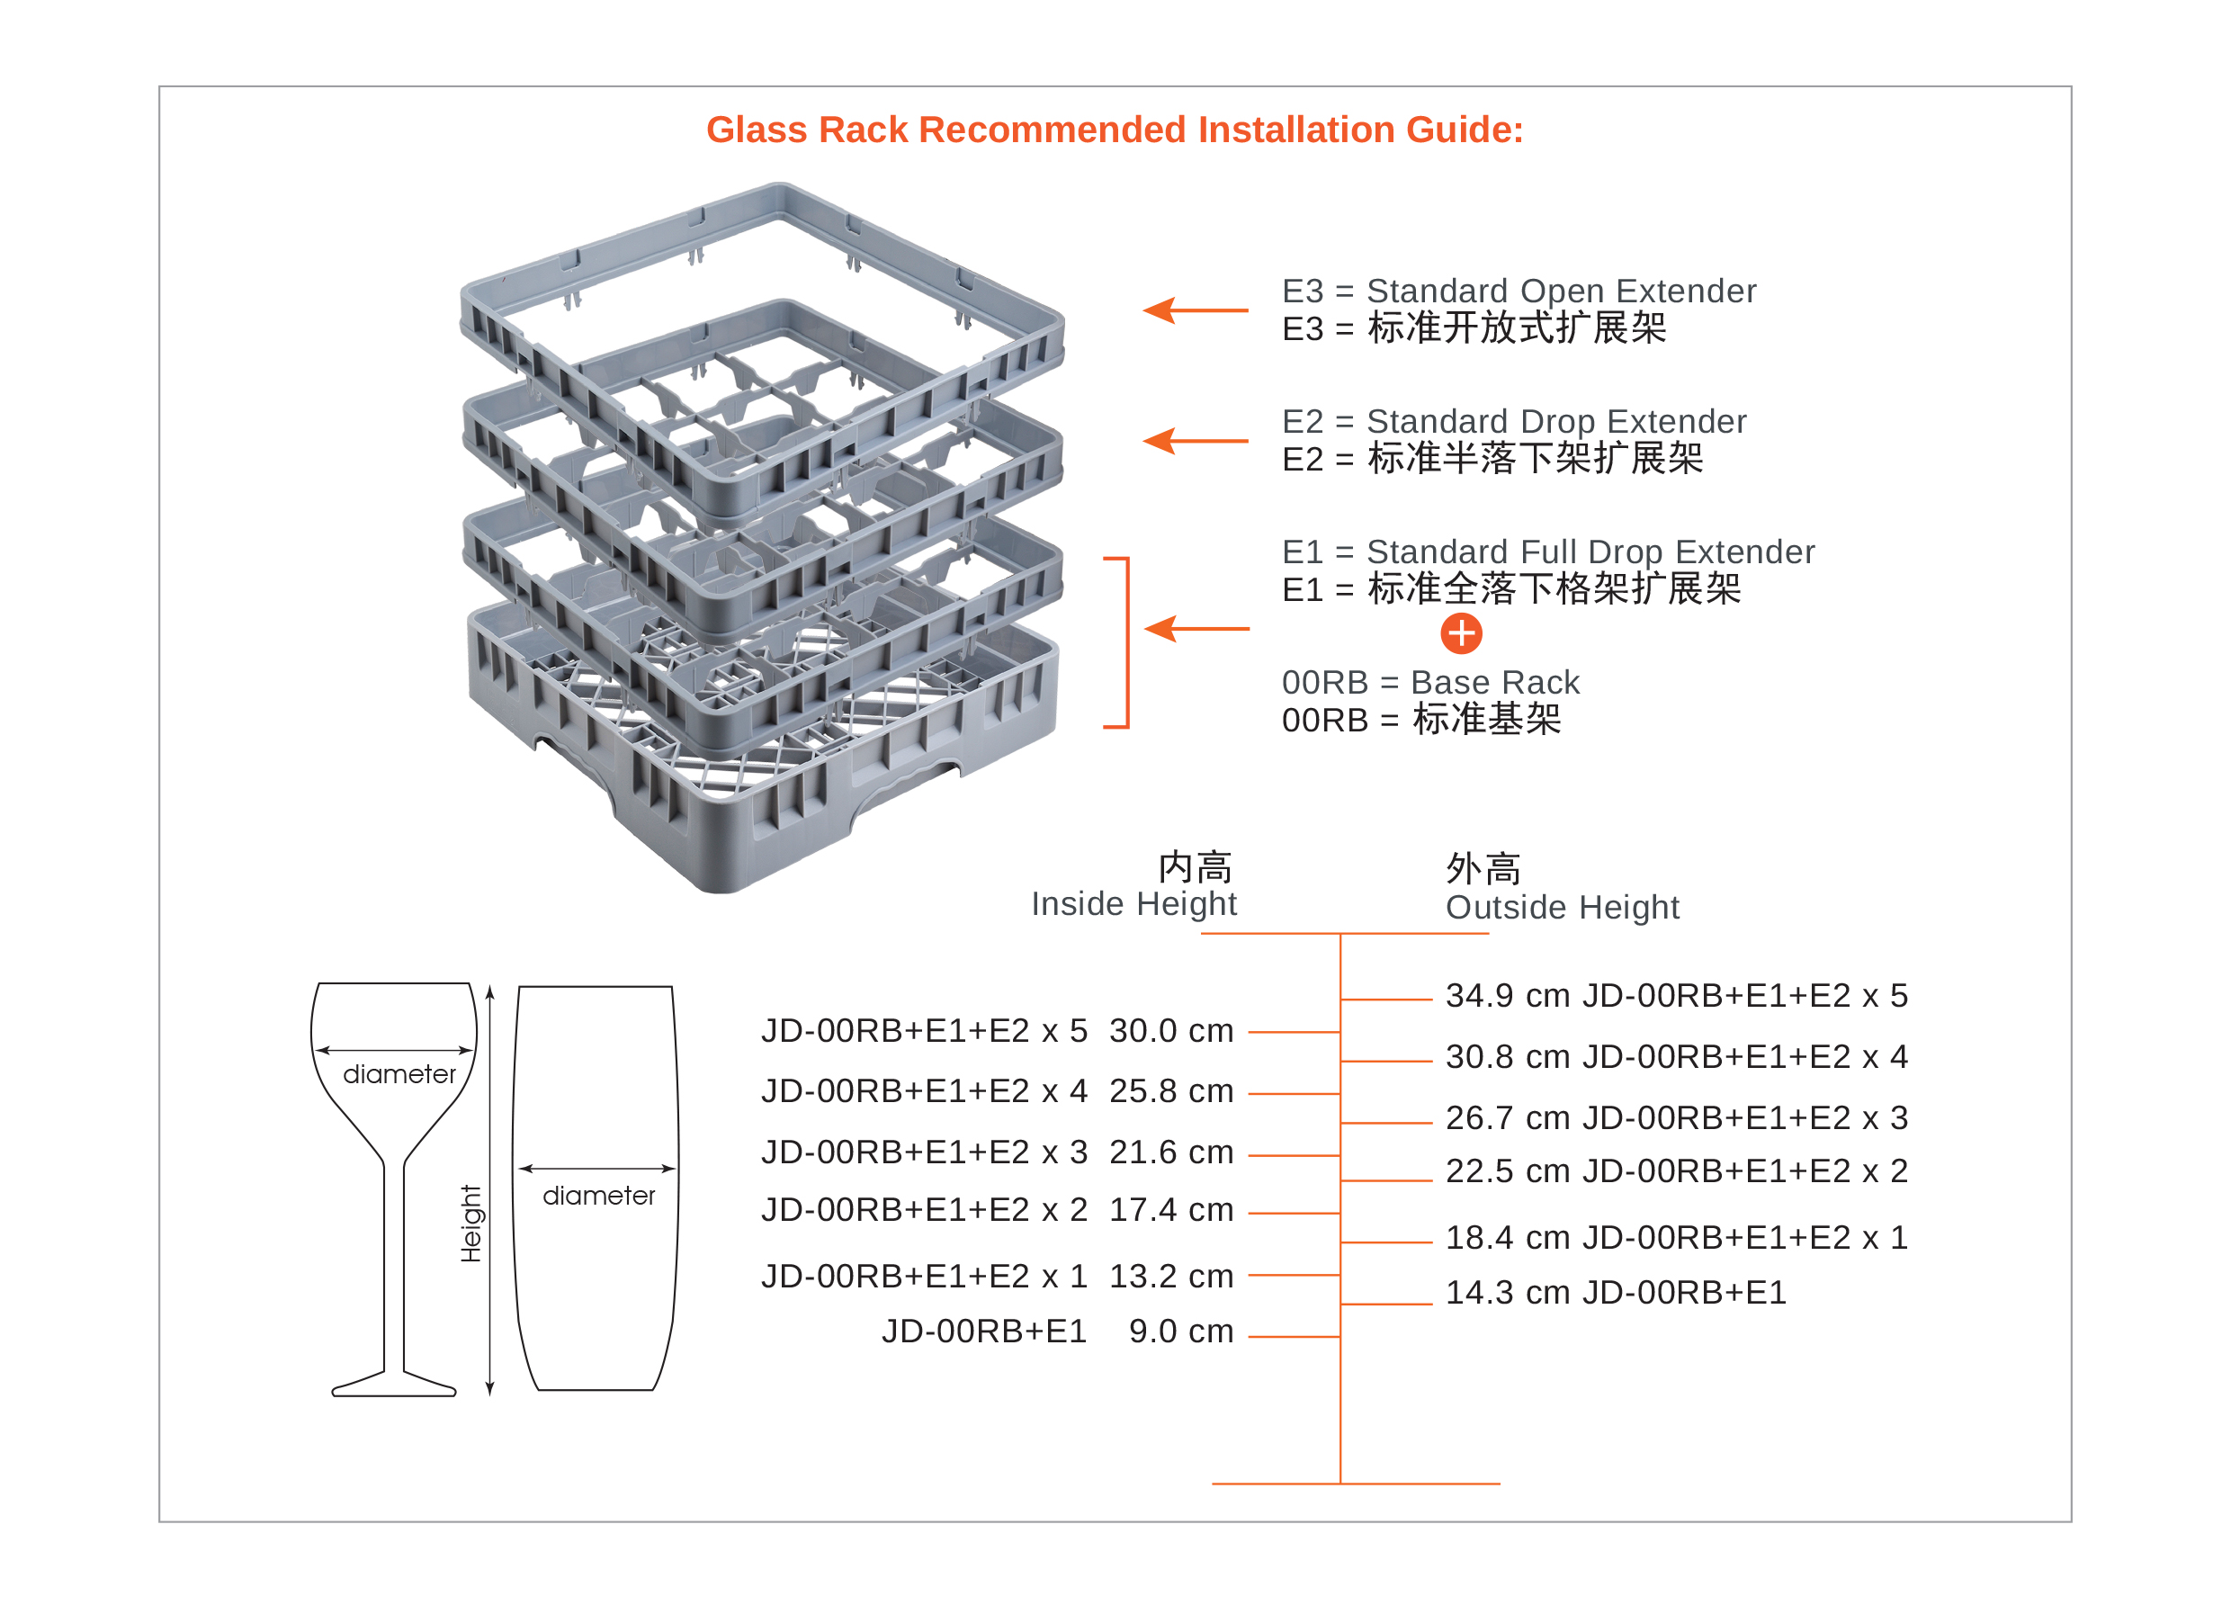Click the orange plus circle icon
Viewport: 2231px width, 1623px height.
coord(1461,633)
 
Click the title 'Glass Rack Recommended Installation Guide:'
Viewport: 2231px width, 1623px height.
coord(1115,130)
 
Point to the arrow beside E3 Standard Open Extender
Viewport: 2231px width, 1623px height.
coord(1194,309)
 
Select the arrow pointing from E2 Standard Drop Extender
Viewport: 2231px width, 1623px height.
coord(1194,441)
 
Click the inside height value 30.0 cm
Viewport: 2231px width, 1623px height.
coord(1170,1031)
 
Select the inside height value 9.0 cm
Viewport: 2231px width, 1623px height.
coord(1180,1331)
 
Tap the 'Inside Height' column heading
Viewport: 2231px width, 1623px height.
coord(1133,903)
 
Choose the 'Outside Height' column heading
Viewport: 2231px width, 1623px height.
coord(1562,907)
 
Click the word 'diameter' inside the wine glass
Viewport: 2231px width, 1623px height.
coord(399,1074)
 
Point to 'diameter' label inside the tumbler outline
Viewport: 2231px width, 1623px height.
coord(598,1196)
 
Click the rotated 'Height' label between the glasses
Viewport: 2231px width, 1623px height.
coord(471,1223)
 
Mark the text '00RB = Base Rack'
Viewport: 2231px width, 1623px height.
coord(1429,682)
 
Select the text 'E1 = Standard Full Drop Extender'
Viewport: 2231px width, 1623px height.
coord(1547,551)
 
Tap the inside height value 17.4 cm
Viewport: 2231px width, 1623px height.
coord(1170,1209)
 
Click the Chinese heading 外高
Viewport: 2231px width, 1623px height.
coord(1483,868)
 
